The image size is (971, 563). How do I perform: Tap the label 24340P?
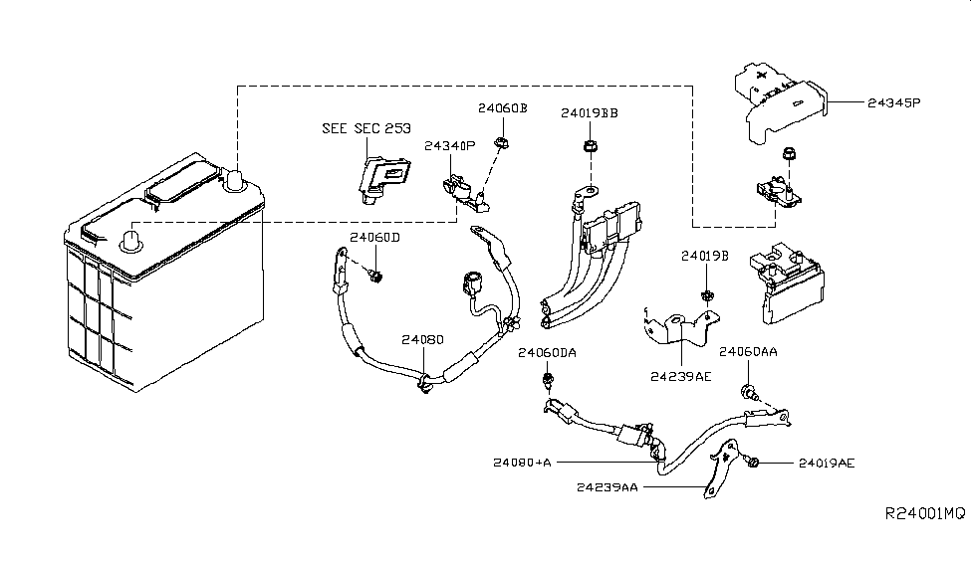point(450,145)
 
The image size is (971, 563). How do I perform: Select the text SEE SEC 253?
point(365,129)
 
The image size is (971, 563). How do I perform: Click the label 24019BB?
point(589,112)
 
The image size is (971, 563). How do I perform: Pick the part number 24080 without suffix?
point(422,339)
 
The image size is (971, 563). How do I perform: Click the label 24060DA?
point(547,353)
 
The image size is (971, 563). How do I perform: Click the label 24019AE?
point(825,464)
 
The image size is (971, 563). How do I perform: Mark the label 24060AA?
point(748,353)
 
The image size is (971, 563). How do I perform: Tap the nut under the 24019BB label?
point(589,148)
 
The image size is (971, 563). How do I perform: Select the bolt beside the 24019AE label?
point(755,463)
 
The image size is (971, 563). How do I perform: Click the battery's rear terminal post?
point(237,180)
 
